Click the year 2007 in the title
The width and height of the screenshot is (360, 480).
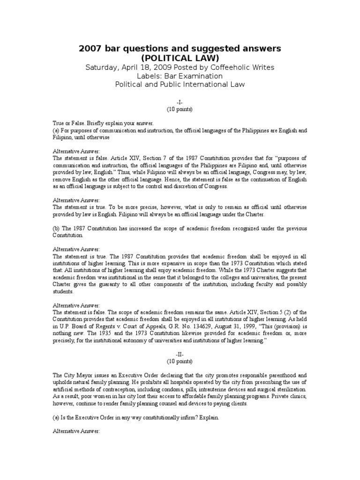(88, 48)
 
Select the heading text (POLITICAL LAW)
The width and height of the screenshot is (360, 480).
(180, 58)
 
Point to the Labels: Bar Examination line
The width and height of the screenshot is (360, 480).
(180, 75)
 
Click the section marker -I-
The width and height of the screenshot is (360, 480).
(180, 101)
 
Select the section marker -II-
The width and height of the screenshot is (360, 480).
(180, 355)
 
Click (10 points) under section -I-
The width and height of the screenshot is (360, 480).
(180, 109)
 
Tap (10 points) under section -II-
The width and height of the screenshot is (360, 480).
(180, 362)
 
